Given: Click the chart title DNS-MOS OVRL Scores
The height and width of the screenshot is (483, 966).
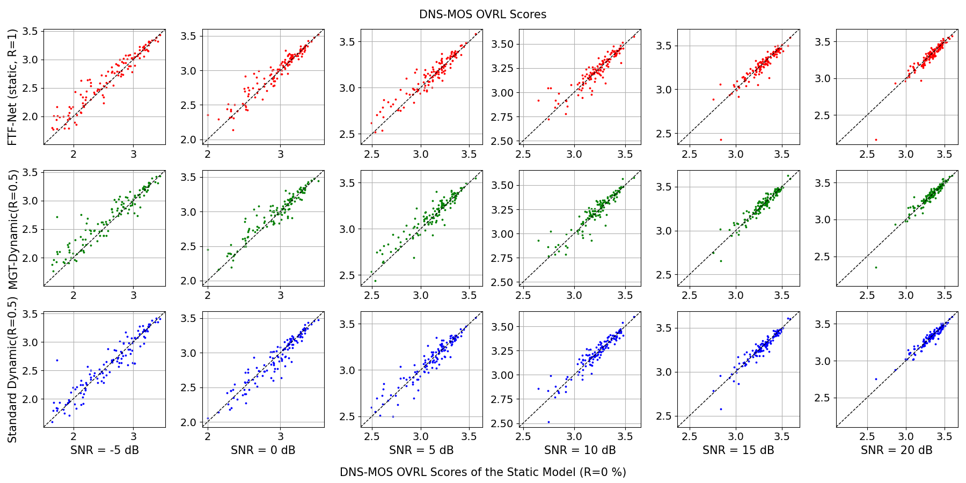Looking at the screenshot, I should (482, 14).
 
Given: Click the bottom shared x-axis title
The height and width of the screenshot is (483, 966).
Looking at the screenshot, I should (482, 472).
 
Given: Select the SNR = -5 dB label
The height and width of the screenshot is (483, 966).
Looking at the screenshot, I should (105, 450).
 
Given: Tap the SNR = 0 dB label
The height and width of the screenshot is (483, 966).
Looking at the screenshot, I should (263, 450).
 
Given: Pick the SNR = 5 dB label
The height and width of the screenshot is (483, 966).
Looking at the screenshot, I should (421, 450).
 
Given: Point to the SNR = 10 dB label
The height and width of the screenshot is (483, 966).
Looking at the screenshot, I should (580, 450).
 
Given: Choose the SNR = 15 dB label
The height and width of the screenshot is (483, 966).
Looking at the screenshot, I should (738, 450).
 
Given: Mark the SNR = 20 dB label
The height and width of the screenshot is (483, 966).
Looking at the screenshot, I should (896, 450).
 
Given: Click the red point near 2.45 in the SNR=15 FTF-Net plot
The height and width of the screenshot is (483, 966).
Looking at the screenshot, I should (721, 140).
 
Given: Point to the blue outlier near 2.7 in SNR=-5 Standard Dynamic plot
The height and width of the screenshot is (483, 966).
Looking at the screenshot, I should (57, 360).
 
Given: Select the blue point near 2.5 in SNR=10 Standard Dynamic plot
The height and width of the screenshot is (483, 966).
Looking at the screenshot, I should (548, 422).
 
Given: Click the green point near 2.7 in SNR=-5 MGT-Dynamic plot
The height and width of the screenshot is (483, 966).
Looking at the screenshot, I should (57, 217).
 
